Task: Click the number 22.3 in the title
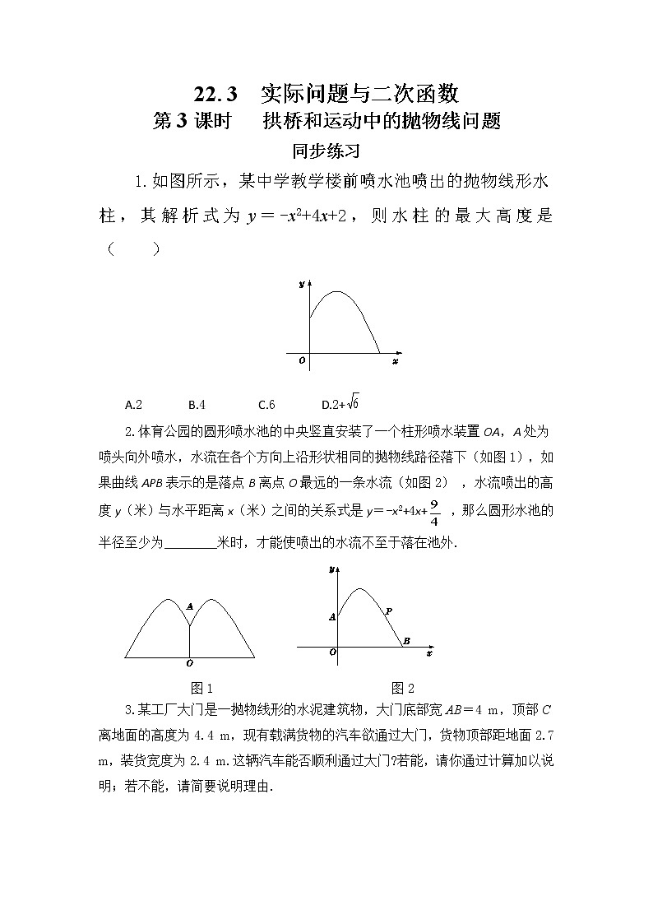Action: [x=216, y=91]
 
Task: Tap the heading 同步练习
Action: [x=326, y=151]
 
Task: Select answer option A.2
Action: [x=134, y=405]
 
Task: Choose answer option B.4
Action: [x=197, y=405]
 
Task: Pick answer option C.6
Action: [x=266, y=405]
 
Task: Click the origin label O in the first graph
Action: [x=302, y=360]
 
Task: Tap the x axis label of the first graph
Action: [x=395, y=361]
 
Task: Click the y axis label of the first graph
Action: [x=302, y=284]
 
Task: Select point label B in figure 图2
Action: [x=406, y=641]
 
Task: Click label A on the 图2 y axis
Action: [x=331, y=616]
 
